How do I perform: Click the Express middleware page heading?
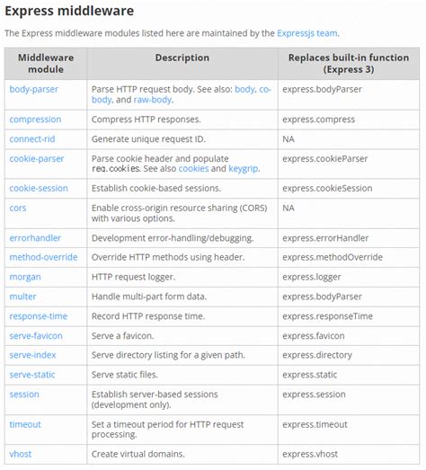[x=69, y=11]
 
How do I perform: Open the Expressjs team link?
[x=307, y=33]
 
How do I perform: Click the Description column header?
[x=182, y=58]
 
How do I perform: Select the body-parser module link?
[x=33, y=90]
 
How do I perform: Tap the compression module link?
[x=35, y=120]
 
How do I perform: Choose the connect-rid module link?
[x=33, y=139]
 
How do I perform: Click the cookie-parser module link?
[x=37, y=159]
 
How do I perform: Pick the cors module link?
[x=18, y=208]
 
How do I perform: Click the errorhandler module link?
[x=36, y=238]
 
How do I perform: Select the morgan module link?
[x=25, y=277]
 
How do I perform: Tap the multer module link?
[x=22, y=297]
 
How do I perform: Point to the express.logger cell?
[x=311, y=277]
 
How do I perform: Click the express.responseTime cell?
[x=325, y=316]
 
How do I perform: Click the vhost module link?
[x=22, y=453]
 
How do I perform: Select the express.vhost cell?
[x=309, y=453]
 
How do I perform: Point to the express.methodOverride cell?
[x=331, y=257]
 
